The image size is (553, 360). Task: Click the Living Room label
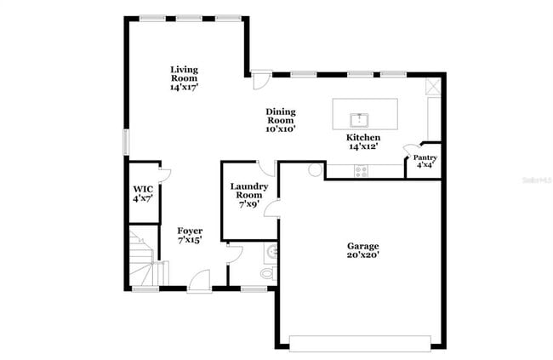(184, 77)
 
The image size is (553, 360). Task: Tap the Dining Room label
(280, 120)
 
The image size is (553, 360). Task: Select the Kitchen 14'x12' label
(362, 142)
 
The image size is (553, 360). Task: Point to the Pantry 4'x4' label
(425, 161)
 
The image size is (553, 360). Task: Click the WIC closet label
(142, 193)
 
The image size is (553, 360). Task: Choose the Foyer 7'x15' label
(190, 236)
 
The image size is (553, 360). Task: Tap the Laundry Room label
(249, 195)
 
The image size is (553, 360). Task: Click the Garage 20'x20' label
(362, 250)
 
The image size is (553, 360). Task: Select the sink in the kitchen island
(361, 117)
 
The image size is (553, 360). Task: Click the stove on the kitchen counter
(361, 170)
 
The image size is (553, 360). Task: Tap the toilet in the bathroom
(267, 273)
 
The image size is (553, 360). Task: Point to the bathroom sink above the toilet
(271, 252)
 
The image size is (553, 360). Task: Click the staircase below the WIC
(142, 256)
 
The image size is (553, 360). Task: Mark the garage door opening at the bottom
(361, 343)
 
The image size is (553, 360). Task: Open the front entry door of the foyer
(199, 279)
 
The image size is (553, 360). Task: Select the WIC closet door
(165, 175)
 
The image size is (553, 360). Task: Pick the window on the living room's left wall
(126, 142)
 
